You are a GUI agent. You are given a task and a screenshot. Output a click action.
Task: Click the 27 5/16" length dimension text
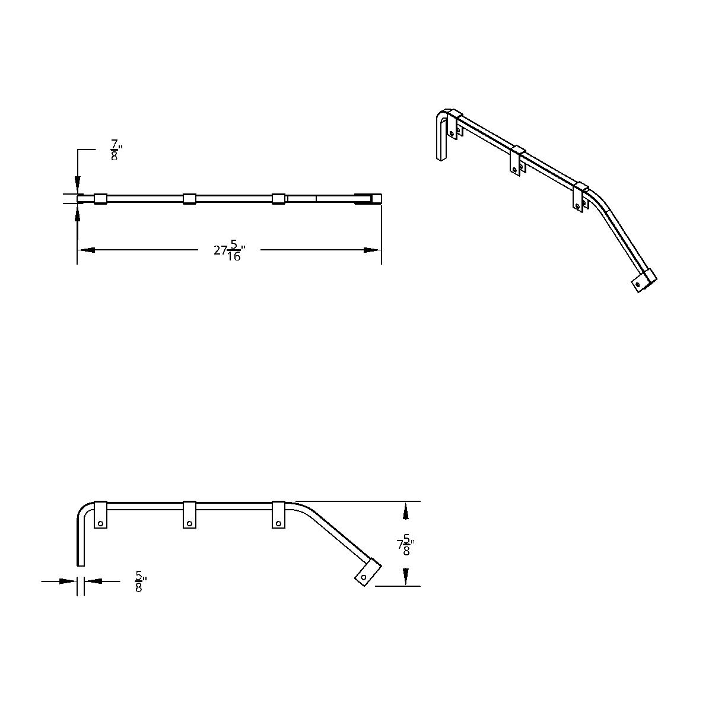(229, 250)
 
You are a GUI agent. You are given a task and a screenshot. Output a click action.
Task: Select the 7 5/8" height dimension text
(404, 545)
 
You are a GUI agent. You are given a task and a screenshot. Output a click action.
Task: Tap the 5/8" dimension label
(140, 581)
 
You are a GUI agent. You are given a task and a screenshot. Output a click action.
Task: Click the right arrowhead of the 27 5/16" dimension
(372, 250)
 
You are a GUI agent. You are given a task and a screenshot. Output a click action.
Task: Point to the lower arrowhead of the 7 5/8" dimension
(405, 577)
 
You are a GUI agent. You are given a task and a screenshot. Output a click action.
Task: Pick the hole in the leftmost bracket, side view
(101, 523)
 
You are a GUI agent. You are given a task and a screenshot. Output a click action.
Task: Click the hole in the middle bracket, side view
(189, 523)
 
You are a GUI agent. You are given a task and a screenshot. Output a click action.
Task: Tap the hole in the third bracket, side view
(278, 523)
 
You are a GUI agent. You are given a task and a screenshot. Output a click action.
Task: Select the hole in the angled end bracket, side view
(364, 577)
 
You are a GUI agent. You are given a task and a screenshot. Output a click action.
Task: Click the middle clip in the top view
(189, 199)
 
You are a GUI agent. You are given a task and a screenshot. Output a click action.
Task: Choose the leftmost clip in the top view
(100, 199)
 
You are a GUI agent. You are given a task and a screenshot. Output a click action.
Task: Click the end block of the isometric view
(643, 281)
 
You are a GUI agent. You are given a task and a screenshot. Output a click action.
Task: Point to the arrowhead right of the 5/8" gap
(93, 581)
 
